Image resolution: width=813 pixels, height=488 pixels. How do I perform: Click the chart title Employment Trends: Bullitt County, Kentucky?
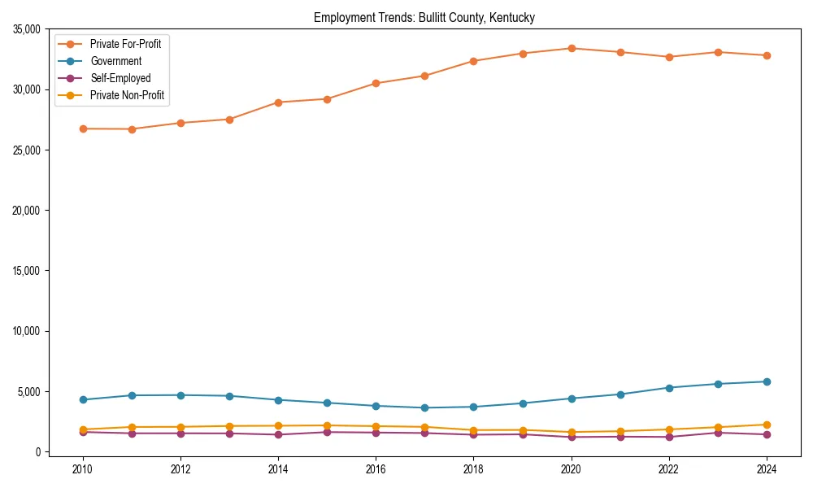point(424,17)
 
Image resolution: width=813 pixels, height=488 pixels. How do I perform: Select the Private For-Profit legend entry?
point(125,44)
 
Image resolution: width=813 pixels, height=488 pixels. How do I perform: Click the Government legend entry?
point(115,61)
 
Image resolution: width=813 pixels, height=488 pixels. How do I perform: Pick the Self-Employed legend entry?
point(120,78)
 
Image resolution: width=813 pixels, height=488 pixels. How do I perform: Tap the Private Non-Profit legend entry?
point(127,95)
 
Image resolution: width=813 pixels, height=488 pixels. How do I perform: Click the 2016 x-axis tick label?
point(376,468)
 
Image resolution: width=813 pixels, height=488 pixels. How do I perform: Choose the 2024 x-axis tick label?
point(766,468)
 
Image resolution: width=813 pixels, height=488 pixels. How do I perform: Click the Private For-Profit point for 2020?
point(571,48)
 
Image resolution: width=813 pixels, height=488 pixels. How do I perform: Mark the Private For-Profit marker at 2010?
point(83,129)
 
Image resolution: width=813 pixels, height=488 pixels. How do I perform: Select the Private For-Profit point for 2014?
point(278,102)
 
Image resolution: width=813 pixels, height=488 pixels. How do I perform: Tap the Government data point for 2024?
point(766,381)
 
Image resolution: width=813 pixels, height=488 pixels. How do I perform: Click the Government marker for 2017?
point(424,407)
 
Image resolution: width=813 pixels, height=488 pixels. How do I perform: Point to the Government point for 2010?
point(83,399)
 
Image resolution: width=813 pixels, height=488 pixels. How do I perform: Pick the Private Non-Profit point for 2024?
point(766,425)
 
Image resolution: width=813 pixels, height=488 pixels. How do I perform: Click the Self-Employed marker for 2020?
point(571,437)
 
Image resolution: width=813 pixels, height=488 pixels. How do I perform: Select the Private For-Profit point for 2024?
point(766,55)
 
